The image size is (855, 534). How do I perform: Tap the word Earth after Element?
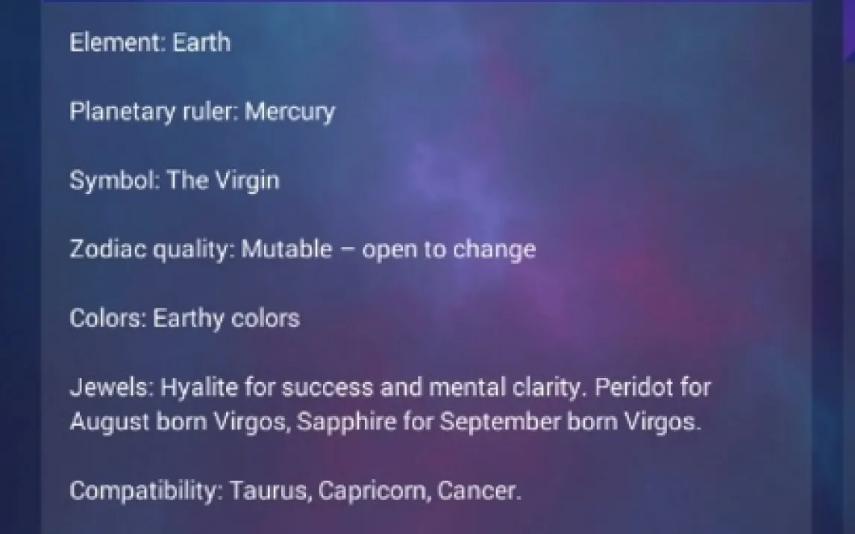pos(201,43)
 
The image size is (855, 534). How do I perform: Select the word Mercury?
pos(289,113)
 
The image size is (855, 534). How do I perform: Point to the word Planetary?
pos(122,113)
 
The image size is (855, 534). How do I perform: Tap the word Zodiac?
pos(108,250)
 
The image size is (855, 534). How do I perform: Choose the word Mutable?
pos(286,250)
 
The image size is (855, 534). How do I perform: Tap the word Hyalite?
pos(199,387)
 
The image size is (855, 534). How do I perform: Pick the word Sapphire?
pos(346,421)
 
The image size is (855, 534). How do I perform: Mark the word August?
pos(110,422)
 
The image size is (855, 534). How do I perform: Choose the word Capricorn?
pos(374,491)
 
